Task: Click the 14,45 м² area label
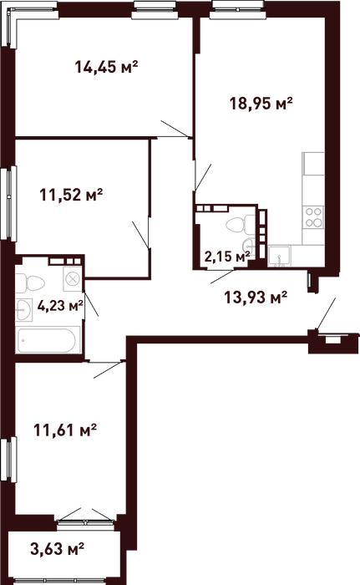tap(106, 67)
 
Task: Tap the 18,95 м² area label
tap(261, 103)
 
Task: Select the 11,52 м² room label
tap(71, 195)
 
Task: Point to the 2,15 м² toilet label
tap(227, 257)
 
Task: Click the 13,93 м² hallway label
tap(256, 298)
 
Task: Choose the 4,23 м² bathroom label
tap(60, 306)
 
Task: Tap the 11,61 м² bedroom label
tap(65, 430)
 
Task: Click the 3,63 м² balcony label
tap(57, 548)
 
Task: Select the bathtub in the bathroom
tap(48, 340)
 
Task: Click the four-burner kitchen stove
tap(313, 217)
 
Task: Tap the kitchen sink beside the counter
tap(280, 257)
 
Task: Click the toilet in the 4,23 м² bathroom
tap(30, 283)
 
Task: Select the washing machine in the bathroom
tap(73, 278)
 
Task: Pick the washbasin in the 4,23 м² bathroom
tap(24, 310)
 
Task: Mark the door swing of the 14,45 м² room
tap(175, 129)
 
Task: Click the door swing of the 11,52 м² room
tap(141, 235)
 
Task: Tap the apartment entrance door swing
tap(326, 313)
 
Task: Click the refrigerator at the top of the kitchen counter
tap(313, 164)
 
